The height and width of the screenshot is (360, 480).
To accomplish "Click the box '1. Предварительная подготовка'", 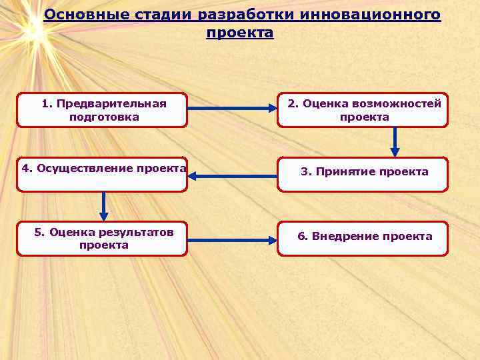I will (102, 110).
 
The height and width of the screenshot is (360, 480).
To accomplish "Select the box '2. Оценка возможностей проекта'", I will (363, 110).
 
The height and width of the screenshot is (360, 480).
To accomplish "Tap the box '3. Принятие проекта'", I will (363, 174).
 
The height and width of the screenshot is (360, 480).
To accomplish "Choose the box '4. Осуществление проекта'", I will (102, 175).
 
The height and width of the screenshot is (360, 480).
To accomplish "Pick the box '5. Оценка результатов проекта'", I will (102, 239).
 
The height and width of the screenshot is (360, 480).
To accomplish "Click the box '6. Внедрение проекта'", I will (363, 239).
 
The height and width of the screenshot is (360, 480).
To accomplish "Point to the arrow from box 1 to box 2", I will (232, 106).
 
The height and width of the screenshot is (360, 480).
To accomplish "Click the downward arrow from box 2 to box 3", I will (395, 142).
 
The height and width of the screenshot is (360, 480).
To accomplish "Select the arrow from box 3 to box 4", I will (232, 176).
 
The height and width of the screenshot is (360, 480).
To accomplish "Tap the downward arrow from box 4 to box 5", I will (103, 207).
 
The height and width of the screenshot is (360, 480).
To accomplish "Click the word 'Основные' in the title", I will (78, 15).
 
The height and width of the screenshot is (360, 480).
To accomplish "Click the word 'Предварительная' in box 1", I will (111, 103).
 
